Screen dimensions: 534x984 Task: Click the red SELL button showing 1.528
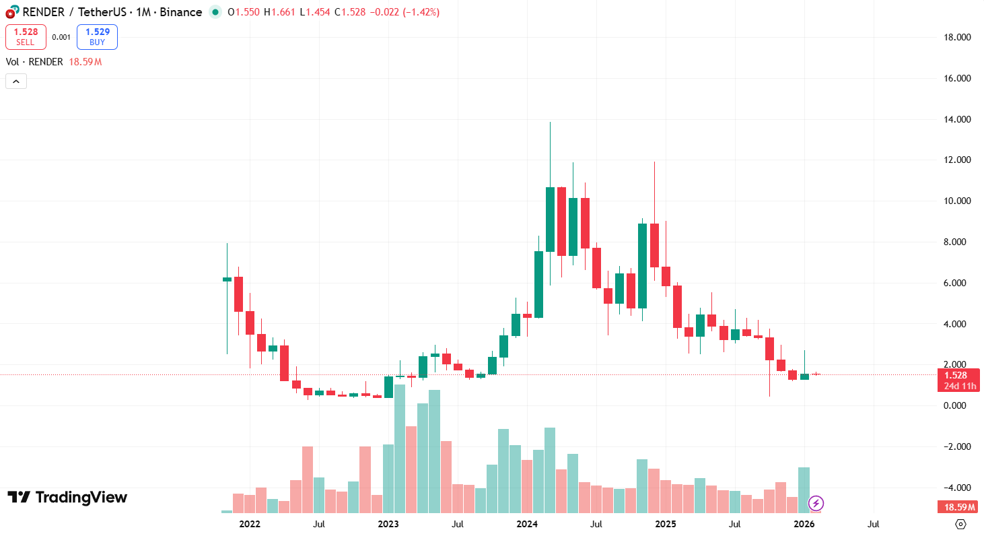pyautogui.click(x=26, y=37)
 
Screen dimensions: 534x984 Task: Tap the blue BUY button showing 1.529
pyautogui.click(x=97, y=37)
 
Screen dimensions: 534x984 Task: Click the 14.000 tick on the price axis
pyautogui.click(x=956, y=120)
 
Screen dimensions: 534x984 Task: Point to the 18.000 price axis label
pyautogui.click(x=956, y=38)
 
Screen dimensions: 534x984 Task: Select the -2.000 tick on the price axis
pyautogui.click(x=956, y=446)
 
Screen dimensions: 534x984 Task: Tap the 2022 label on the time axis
pyautogui.click(x=249, y=524)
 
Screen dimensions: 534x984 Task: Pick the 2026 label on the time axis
pyautogui.click(x=804, y=524)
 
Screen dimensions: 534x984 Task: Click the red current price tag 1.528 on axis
pyautogui.click(x=956, y=375)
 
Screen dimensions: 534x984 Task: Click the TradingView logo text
pyautogui.click(x=67, y=498)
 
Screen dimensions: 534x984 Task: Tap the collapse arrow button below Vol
pyautogui.click(x=16, y=81)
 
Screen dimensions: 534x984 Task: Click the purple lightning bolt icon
pyautogui.click(x=816, y=503)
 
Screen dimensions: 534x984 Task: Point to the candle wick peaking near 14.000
pyautogui.click(x=550, y=135)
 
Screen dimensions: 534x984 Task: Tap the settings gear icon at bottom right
pyautogui.click(x=960, y=524)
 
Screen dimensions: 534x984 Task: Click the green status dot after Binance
pyautogui.click(x=215, y=12)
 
